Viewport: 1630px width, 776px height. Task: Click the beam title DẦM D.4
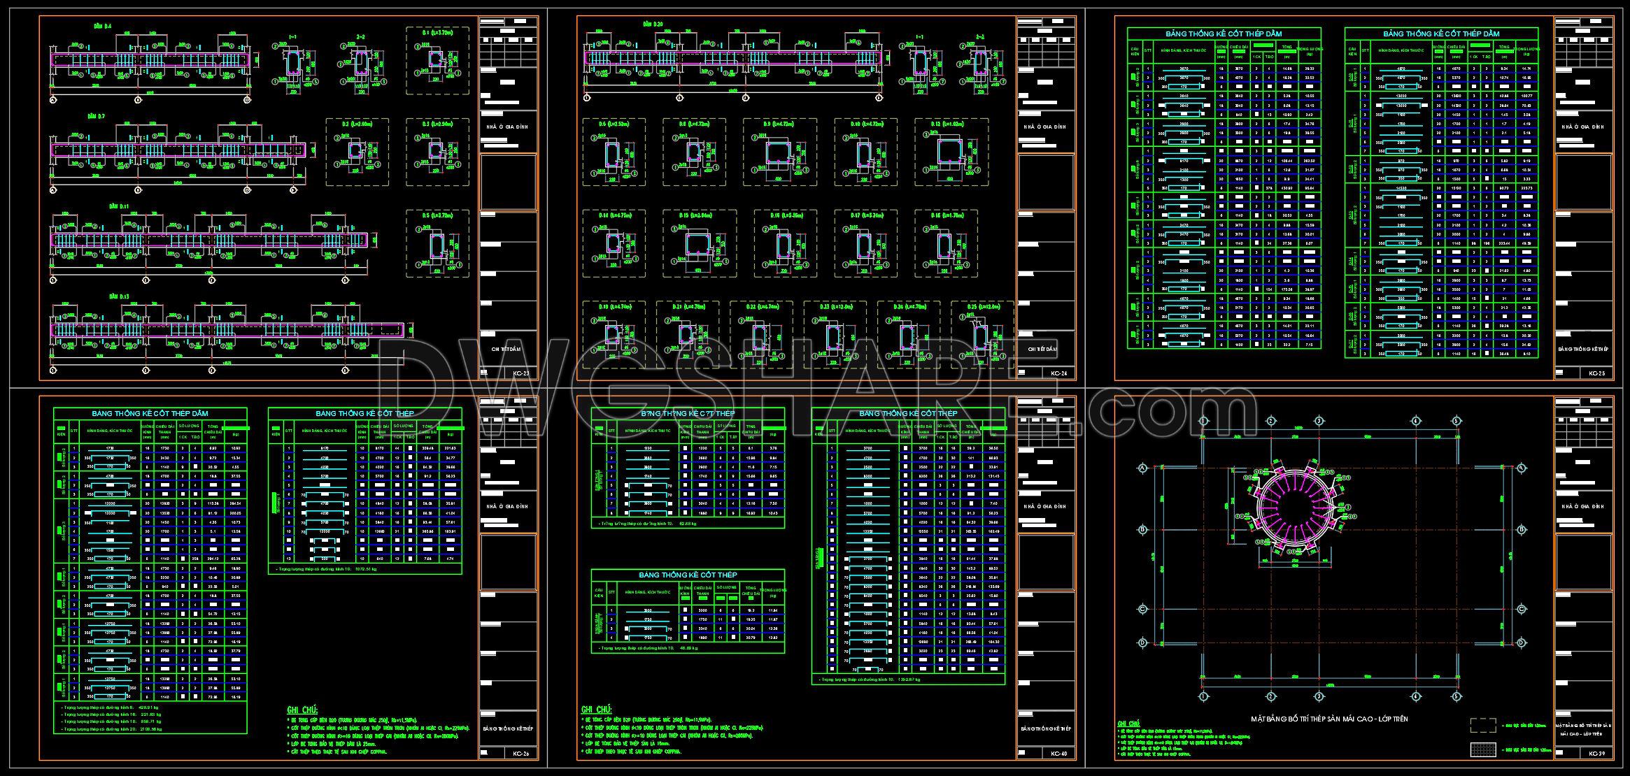(103, 27)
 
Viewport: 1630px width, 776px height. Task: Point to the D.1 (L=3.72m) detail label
(437, 33)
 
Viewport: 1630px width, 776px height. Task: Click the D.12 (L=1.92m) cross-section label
(951, 124)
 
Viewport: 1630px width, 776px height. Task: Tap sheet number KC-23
(520, 374)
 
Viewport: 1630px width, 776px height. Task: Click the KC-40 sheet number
(1058, 754)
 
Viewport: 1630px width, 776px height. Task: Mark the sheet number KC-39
(1596, 754)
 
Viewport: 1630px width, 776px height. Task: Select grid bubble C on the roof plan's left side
(1142, 609)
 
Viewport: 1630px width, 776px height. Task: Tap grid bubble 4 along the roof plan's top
(1416, 421)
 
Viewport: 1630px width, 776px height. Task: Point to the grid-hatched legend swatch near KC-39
(1483, 749)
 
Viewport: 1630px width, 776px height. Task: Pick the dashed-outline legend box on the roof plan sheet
(1483, 726)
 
